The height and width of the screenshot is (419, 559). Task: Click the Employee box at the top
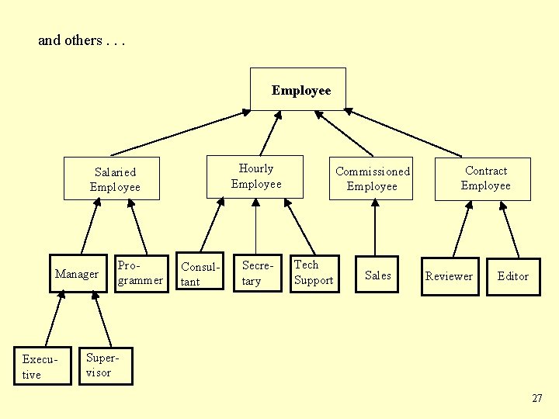298,89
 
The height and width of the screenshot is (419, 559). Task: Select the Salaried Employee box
115,179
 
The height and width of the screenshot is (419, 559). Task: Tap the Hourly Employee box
255,176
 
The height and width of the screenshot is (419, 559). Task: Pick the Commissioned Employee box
372,178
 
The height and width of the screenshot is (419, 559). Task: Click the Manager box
78,273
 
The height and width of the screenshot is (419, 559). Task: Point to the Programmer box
141,273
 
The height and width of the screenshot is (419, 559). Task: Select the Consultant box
200,273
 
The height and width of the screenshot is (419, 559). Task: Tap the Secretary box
257,273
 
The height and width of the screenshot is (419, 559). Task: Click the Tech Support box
314,273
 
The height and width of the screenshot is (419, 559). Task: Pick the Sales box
377,275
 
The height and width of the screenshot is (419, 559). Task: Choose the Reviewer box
449,275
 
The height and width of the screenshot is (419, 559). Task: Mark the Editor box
512,275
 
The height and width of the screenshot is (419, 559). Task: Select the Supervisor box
106,365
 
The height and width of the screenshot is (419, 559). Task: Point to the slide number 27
537,398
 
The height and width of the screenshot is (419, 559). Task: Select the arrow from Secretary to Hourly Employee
256,227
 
